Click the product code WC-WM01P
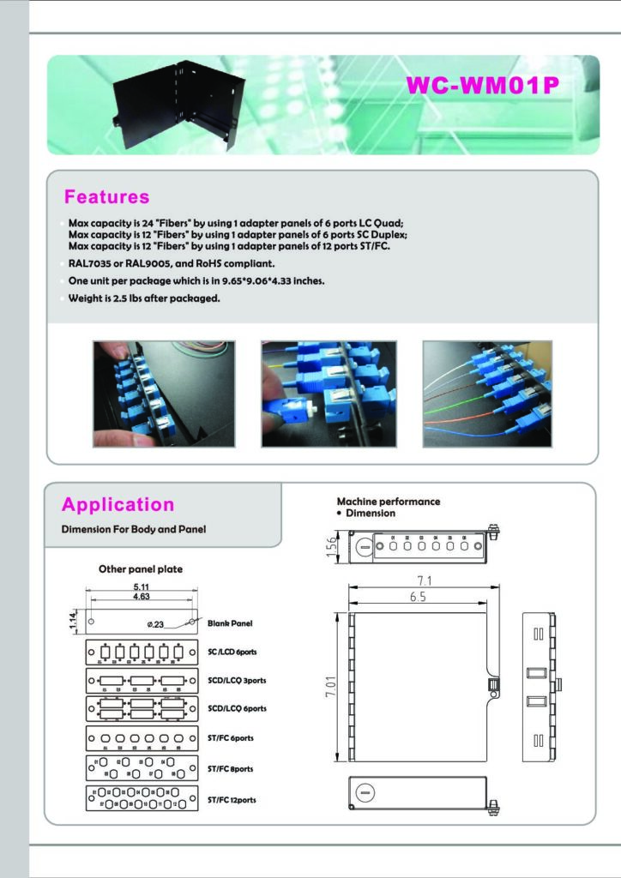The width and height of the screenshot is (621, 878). pyautogui.click(x=486, y=87)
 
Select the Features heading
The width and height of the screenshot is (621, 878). pyautogui.click(x=107, y=197)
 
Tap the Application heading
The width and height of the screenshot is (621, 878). pyautogui.click(x=118, y=505)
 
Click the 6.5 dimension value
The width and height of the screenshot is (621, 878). pyautogui.click(x=418, y=598)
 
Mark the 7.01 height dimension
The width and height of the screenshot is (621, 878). pyautogui.click(x=330, y=686)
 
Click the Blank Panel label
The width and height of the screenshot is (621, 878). pyautogui.click(x=230, y=623)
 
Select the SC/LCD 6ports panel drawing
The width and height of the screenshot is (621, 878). pyautogui.click(x=141, y=652)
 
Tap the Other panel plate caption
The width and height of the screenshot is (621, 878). pyautogui.click(x=141, y=568)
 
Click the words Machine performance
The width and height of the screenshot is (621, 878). pyautogui.click(x=389, y=502)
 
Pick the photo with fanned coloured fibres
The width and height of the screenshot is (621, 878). pyautogui.click(x=487, y=394)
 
